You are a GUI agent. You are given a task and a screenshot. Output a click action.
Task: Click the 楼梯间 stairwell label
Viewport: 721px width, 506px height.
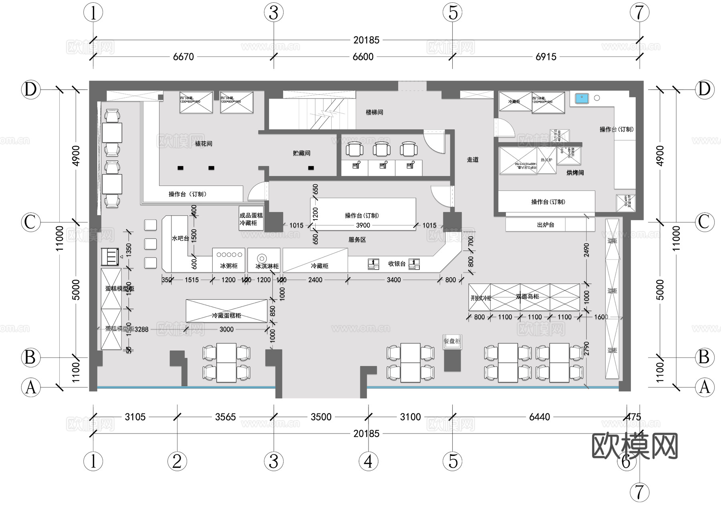tap(374, 112)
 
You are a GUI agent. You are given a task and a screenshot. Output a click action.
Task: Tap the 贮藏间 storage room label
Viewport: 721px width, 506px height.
tap(302, 153)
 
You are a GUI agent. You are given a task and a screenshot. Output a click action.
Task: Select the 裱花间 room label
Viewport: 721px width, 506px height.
tap(203, 143)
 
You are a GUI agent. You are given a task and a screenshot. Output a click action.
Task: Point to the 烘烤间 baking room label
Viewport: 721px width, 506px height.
tap(575, 173)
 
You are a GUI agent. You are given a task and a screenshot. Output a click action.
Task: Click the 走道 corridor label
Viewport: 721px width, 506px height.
tap(473, 159)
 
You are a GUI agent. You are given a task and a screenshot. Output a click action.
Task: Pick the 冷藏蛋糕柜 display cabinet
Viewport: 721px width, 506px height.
tap(226, 315)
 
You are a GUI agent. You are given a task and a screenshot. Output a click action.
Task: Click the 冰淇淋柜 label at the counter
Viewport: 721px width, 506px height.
tap(267, 266)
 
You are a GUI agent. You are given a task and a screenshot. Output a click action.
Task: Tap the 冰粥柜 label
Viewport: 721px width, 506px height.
tap(229, 266)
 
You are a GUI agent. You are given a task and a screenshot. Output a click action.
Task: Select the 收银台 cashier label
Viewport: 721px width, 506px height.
tap(397, 264)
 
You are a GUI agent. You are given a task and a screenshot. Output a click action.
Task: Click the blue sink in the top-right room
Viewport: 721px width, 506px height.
tap(582, 98)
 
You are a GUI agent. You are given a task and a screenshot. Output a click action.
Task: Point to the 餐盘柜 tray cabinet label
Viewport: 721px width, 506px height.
tap(452, 341)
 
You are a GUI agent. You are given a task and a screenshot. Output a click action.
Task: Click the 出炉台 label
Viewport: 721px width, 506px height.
tap(545, 225)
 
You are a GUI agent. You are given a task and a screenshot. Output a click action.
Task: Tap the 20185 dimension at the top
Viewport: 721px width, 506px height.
tap(366, 40)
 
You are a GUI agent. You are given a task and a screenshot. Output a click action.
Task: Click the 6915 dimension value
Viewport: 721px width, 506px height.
tap(546, 57)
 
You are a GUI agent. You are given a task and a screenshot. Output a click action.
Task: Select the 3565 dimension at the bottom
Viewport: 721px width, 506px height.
tap(226, 417)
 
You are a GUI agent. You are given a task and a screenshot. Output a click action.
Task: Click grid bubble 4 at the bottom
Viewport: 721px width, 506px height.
tap(369, 462)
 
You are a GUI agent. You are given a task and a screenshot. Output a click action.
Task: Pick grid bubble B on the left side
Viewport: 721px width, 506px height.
tap(30, 357)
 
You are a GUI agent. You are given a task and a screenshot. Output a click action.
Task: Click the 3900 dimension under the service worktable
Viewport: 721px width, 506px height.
tap(363, 226)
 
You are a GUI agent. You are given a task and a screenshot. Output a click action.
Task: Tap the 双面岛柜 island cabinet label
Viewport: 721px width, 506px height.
tap(527, 296)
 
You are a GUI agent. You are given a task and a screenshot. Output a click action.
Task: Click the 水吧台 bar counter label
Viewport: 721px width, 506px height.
tap(180, 238)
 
